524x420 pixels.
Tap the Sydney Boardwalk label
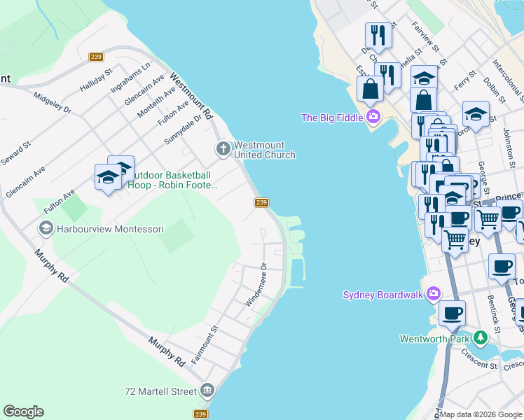(x=383, y=294)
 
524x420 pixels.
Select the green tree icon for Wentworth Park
(x=480, y=339)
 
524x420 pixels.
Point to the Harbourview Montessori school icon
(x=46, y=228)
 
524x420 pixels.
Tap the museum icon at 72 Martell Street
(x=207, y=390)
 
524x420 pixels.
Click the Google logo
(x=23, y=412)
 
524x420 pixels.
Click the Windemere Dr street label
(x=256, y=284)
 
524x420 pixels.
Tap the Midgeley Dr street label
(x=53, y=104)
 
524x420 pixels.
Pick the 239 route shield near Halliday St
(x=97, y=57)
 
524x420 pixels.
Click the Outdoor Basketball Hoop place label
(x=172, y=180)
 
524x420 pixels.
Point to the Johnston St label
(x=508, y=143)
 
